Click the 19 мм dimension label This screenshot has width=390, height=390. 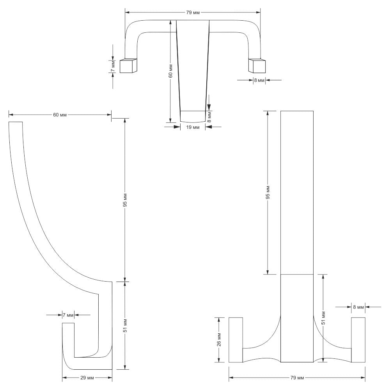pyautogui.click(x=193, y=128)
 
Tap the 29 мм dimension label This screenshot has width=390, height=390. pyautogui.click(x=87, y=378)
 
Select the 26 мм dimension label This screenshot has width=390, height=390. pyautogui.click(x=219, y=340)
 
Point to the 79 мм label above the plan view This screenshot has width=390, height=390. pyautogui.click(x=193, y=12)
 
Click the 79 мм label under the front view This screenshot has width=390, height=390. pyautogui.click(x=297, y=378)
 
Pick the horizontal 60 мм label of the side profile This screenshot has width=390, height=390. pyautogui.click(x=60, y=115)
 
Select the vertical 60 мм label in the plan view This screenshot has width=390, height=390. pyautogui.click(x=171, y=71)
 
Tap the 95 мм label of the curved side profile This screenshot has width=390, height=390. pyautogui.click(x=125, y=200)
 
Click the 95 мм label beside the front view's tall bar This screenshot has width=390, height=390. pyautogui.click(x=268, y=192)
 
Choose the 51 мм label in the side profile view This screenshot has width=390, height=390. pyautogui.click(x=125, y=326)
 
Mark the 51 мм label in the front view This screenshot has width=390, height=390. pyautogui.click(x=323, y=318)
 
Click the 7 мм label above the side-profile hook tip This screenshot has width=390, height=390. pyautogui.click(x=68, y=315)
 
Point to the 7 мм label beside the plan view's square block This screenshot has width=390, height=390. pyautogui.click(x=113, y=66)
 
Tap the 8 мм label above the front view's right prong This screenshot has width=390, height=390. pyautogui.click(x=358, y=307)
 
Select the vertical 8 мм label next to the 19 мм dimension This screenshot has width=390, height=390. pyautogui.click(x=209, y=117)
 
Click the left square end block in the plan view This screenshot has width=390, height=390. pyautogui.click(x=128, y=66)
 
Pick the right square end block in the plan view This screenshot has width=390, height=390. pyautogui.click(x=257, y=66)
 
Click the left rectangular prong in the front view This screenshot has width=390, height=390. pyautogui.click(x=236, y=340)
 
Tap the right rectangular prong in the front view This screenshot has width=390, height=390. pyautogui.click(x=358, y=340)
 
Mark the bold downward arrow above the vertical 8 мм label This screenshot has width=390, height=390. pyautogui.click(x=209, y=103)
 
